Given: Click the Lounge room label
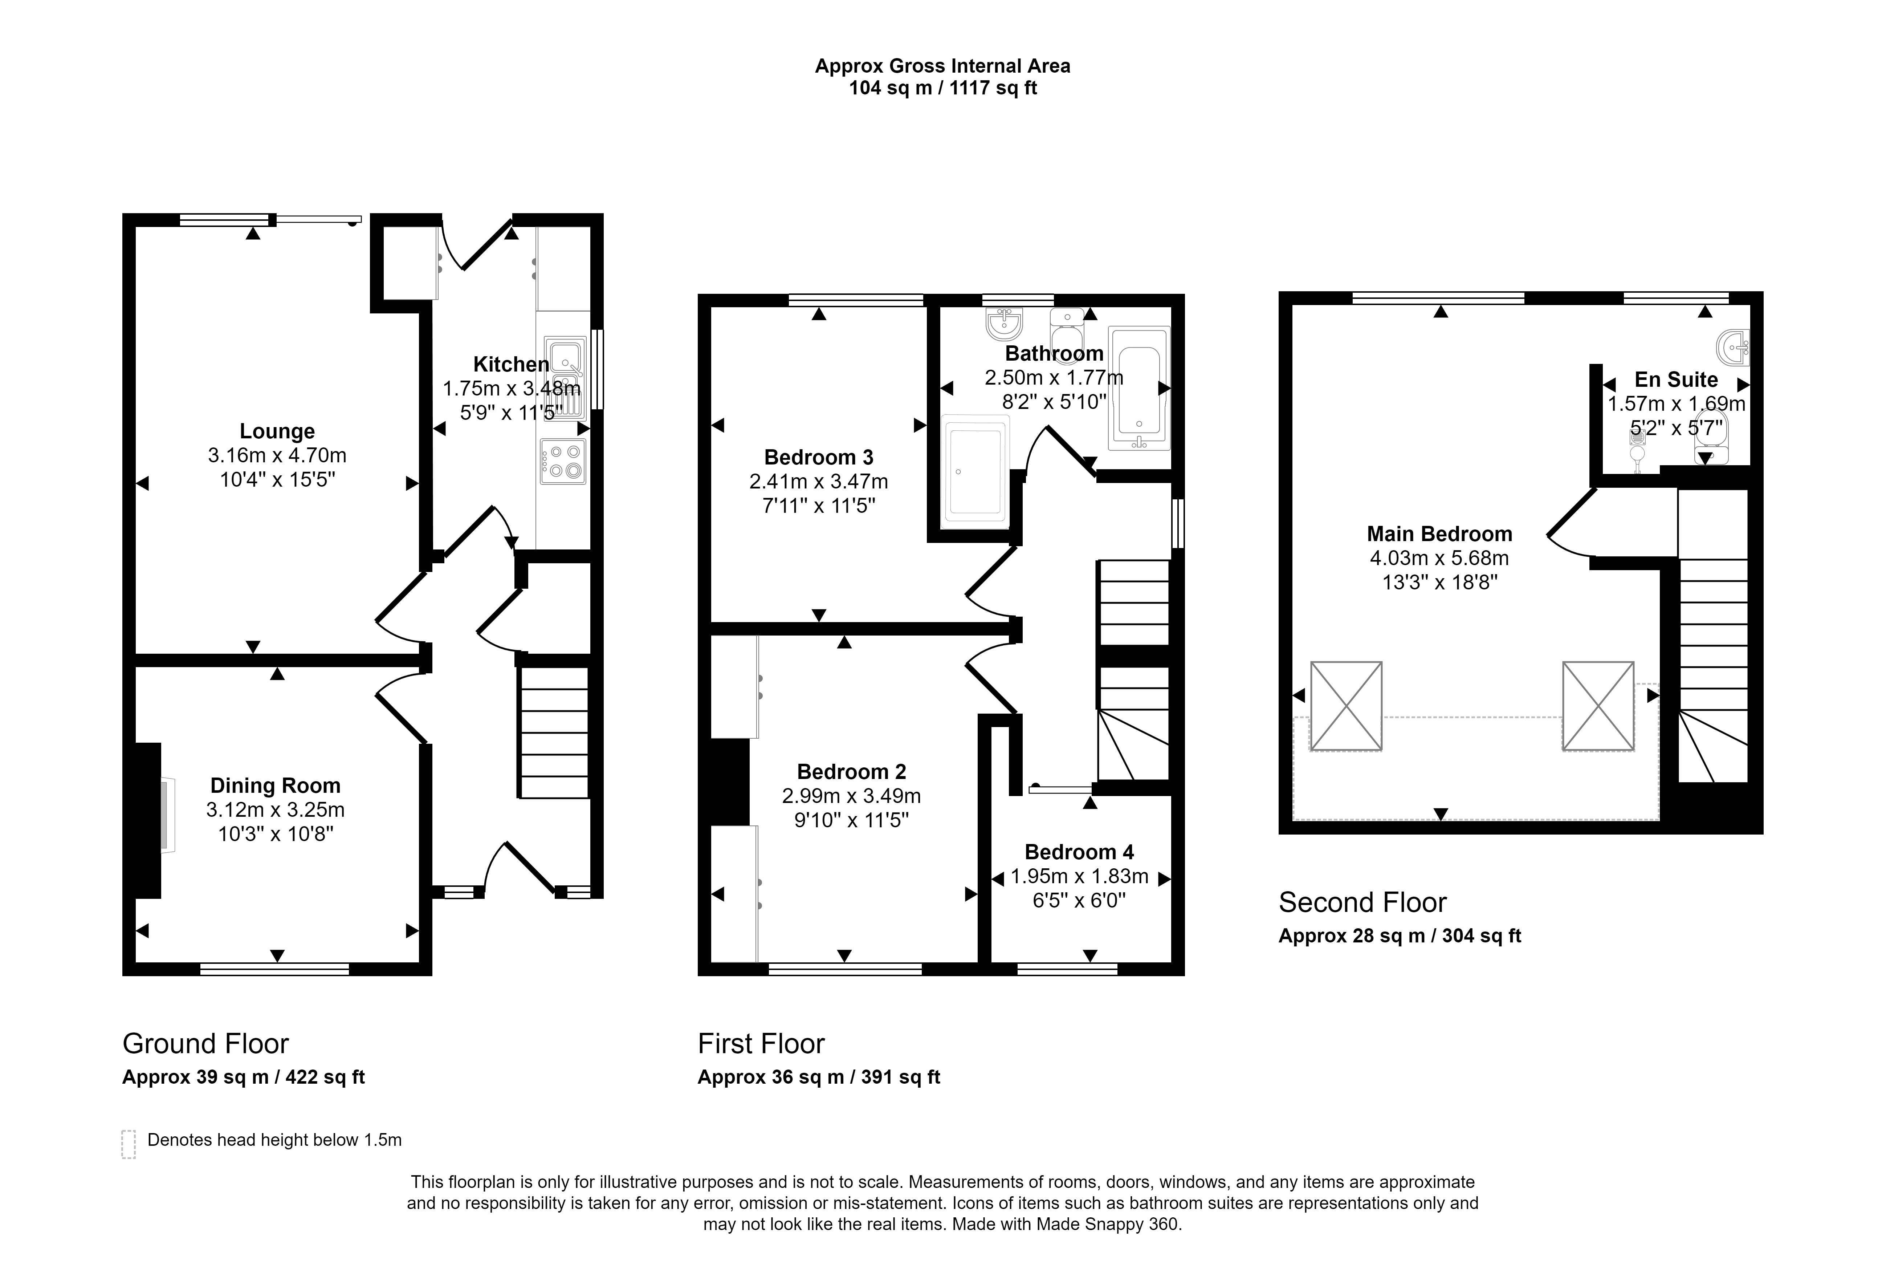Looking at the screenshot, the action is [x=277, y=431].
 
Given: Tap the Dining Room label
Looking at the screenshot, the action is [x=275, y=786].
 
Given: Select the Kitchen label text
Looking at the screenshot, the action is [x=511, y=365].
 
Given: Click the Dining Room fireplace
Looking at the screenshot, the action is [x=148, y=819].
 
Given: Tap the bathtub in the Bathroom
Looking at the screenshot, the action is [x=1138, y=388].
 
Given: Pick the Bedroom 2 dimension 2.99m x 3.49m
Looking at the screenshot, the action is [x=851, y=796].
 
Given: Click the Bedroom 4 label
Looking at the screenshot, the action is [x=1079, y=852].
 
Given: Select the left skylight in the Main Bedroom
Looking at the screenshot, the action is [x=1346, y=706].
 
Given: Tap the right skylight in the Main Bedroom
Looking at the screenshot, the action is [x=1598, y=706].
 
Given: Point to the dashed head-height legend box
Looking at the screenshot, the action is [x=128, y=1144].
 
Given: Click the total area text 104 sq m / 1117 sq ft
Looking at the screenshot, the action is [x=943, y=89].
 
